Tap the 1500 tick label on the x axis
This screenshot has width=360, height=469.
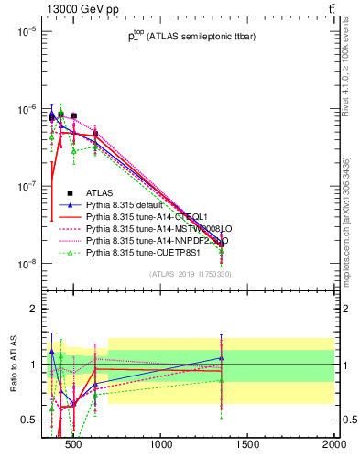pyautogui.click(x=248, y=448)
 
